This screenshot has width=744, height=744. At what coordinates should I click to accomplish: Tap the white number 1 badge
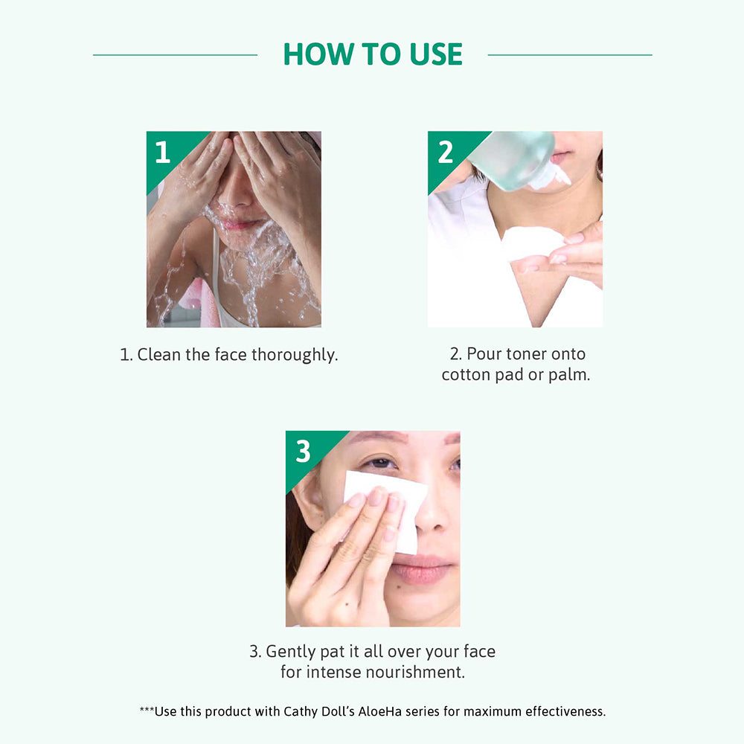click(x=163, y=153)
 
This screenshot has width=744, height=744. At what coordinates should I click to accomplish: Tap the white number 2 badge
click(x=445, y=153)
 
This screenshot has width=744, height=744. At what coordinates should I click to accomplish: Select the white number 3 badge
click(x=304, y=452)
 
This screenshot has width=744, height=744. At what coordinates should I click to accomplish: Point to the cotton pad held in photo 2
click(x=531, y=243)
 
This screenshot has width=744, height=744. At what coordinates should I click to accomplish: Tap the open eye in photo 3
click(x=379, y=463)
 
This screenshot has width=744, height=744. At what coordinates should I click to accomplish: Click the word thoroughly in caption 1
click(x=295, y=355)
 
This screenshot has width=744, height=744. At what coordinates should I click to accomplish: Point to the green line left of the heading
click(x=175, y=55)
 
